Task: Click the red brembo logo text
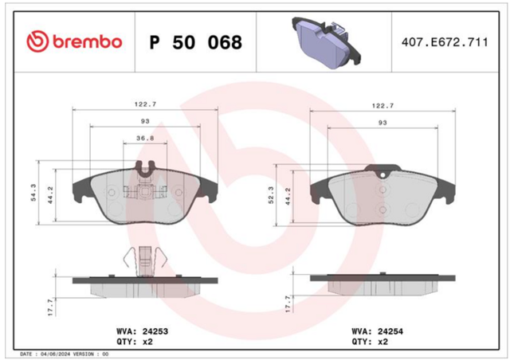click(87, 42)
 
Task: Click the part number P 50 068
click(196, 42)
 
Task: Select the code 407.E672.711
click(445, 42)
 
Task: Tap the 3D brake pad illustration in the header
click(326, 42)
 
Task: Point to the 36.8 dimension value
click(145, 139)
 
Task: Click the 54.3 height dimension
click(33, 193)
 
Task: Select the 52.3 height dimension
click(271, 195)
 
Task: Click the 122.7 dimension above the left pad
click(145, 104)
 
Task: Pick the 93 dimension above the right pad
click(382, 123)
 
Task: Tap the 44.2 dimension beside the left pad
click(50, 195)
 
